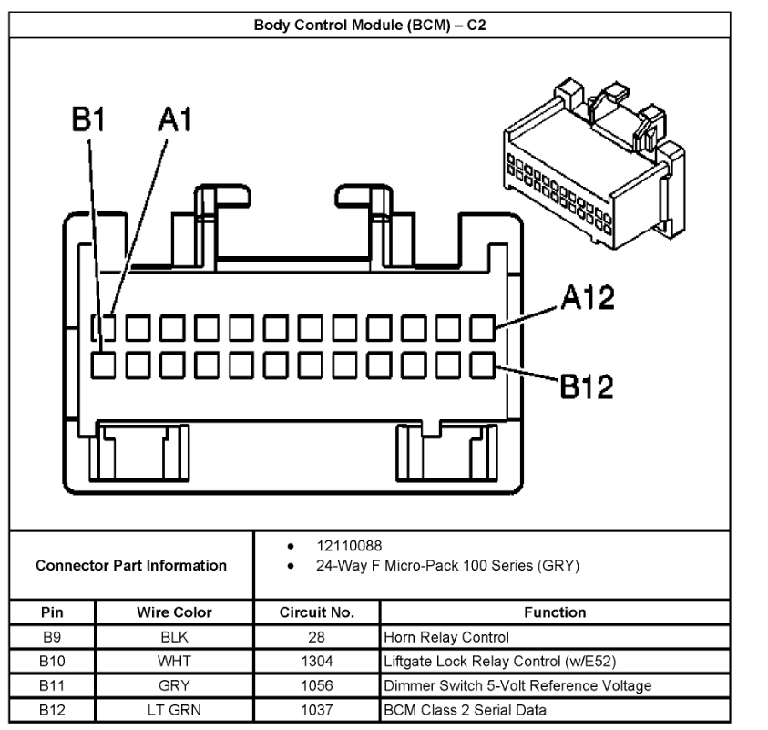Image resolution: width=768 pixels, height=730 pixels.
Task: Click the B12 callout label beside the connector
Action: (x=587, y=386)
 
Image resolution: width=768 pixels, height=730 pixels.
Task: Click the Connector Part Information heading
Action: (x=131, y=566)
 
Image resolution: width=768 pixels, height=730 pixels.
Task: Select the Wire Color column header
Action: (x=174, y=612)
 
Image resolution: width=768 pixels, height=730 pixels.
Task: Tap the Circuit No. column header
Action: (x=316, y=612)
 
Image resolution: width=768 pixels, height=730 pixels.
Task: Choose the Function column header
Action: (x=555, y=612)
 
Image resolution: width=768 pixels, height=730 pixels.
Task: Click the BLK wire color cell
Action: (x=174, y=637)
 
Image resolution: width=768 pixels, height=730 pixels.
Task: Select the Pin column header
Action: (x=51, y=612)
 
